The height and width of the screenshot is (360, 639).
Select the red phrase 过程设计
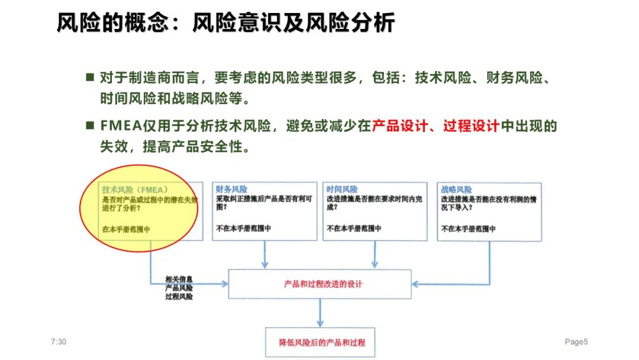pyautogui.click(x=472, y=126)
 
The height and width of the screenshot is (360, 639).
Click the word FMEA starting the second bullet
pyautogui.click(x=121, y=126)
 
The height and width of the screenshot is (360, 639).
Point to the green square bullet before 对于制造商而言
pyautogui.click(x=90, y=78)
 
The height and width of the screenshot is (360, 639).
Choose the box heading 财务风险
pyautogui.click(x=231, y=189)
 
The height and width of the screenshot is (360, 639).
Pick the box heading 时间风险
pyautogui.click(x=341, y=189)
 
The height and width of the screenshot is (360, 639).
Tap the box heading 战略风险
pyautogui.click(x=456, y=189)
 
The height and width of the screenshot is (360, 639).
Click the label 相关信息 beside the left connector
pyautogui.click(x=178, y=278)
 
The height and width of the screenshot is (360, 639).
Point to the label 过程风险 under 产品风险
pyautogui.click(x=178, y=296)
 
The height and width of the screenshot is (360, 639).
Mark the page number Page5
pyautogui.click(x=576, y=342)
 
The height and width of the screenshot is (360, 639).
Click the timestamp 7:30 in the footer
pyautogui.click(x=59, y=342)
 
